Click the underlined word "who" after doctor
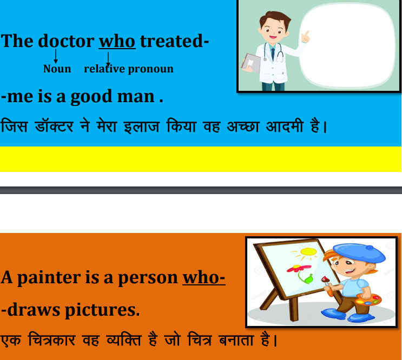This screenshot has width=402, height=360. (117, 41)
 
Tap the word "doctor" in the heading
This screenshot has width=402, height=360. (66, 41)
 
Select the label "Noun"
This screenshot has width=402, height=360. (57, 69)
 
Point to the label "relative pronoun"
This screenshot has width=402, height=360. (129, 69)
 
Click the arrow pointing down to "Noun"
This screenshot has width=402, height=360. (55, 56)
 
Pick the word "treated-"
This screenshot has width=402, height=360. (175, 41)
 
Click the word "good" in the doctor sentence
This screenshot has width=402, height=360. (91, 97)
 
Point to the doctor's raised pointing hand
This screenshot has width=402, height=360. (305, 37)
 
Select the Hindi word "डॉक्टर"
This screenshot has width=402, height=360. (54, 126)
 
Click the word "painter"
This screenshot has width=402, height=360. (49, 278)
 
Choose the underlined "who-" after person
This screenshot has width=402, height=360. (204, 277)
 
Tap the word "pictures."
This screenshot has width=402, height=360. (102, 310)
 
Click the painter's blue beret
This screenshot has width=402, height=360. (359, 253)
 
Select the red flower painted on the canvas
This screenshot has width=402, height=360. (299, 268)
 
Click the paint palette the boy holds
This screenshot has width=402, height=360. (368, 299)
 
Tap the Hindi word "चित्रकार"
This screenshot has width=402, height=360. (52, 340)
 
